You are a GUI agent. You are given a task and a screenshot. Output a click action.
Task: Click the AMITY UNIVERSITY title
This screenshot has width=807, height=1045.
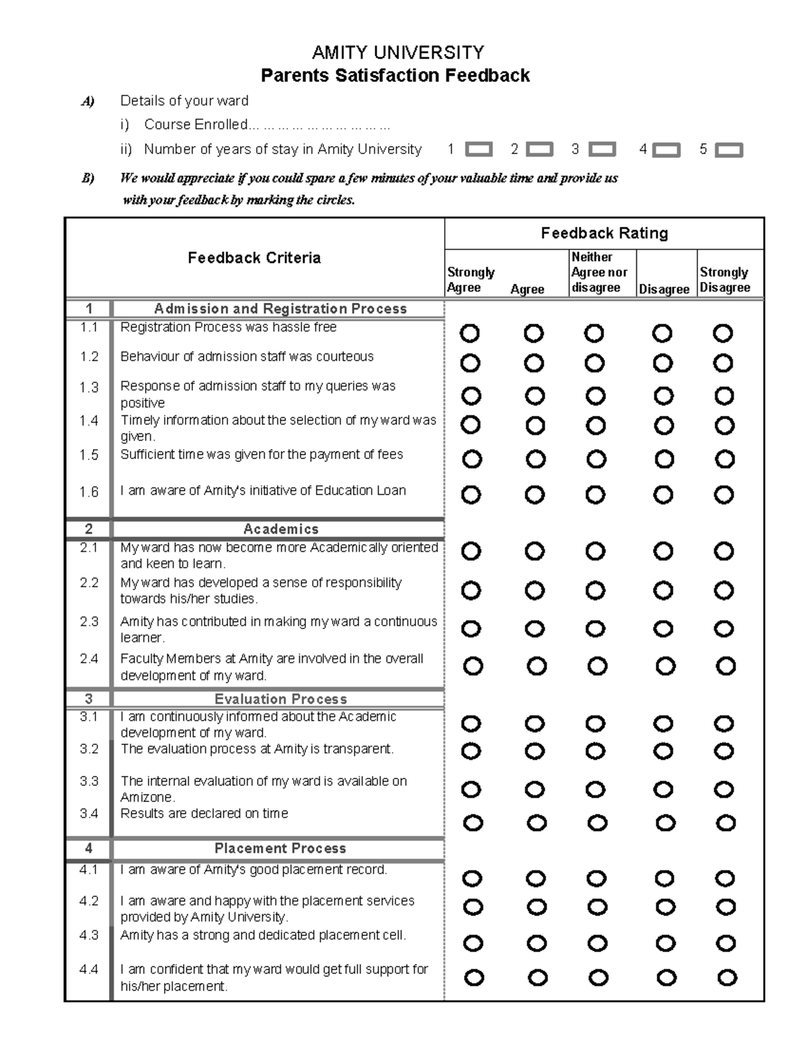[397, 52]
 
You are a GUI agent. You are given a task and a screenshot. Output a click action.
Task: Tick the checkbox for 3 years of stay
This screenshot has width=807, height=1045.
[602, 149]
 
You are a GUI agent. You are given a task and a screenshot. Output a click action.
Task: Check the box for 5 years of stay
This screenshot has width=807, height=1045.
[729, 150]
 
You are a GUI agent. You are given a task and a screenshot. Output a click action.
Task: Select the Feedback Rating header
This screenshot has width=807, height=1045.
[604, 233]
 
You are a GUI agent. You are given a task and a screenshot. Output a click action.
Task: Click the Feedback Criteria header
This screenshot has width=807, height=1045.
[254, 258]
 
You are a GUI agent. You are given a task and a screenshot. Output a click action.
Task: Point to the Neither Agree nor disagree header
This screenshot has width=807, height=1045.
[599, 273]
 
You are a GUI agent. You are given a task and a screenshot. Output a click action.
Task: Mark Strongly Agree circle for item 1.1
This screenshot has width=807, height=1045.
[470, 333]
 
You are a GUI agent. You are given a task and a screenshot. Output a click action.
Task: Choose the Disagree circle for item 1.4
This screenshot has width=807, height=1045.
[663, 425]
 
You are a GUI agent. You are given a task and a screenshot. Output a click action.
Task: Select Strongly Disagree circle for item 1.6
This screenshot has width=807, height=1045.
[724, 495]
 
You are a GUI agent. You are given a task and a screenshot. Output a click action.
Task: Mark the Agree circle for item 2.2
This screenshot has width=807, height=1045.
[535, 591]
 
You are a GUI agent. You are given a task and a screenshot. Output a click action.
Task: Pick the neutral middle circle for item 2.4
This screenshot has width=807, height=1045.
[597, 666]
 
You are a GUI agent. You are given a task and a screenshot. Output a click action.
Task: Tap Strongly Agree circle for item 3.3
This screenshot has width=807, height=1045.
[471, 789]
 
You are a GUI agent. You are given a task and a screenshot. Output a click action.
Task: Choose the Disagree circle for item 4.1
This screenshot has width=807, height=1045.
[664, 879]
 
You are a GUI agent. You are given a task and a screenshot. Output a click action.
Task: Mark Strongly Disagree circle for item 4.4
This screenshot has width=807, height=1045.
[727, 978]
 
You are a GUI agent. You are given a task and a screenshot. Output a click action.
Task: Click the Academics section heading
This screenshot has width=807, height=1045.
[280, 530]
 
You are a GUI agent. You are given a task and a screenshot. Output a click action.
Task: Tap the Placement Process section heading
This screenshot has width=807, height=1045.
[280, 849]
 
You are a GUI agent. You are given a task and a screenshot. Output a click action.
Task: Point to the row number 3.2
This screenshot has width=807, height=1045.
[89, 749]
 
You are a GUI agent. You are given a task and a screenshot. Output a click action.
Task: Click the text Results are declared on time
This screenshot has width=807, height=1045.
[204, 814]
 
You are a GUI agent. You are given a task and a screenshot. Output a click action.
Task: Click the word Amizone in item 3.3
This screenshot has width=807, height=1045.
[147, 797]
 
